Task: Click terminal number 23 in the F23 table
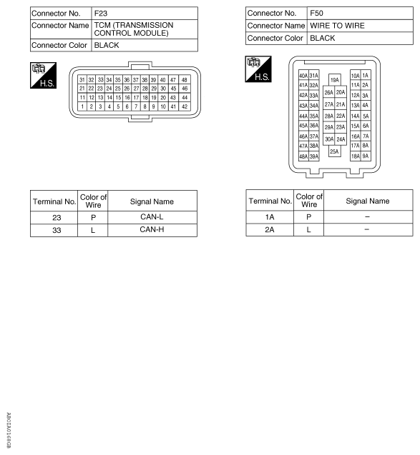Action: (x=54, y=216)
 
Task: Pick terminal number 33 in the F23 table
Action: (x=54, y=230)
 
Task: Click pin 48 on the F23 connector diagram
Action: (x=185, y=79)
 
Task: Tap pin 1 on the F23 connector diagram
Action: (x=82, y=106)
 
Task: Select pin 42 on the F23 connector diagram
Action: (x=185, y=106)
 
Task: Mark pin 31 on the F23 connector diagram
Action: (x=82, y=79)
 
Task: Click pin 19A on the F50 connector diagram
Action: (x=334, y=81)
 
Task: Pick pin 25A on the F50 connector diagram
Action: (x=334, y=151)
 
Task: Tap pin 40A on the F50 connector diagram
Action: (x=303, y=76)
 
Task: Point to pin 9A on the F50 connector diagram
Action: (x=366, y=156)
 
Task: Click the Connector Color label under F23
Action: (x=60, y=45)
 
